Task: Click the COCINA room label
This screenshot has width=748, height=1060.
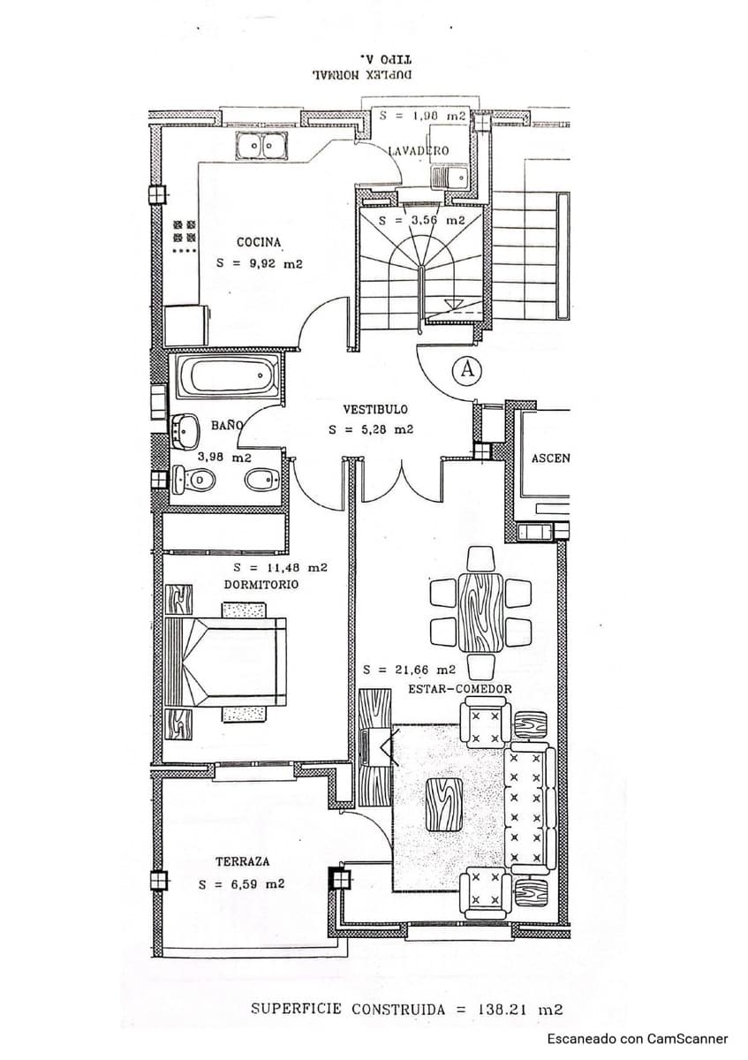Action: click(x=259, y=242)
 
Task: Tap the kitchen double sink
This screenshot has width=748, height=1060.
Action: click(x=262, y=147)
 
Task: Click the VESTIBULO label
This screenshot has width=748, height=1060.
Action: click(x=375, y=410)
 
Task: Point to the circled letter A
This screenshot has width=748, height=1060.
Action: click(x=467, y=370)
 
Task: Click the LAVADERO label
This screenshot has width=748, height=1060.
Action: click(x=419, y=151)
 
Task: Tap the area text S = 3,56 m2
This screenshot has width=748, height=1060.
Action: click(x=421, y=221)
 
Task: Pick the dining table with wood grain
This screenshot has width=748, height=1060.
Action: click(x=481, y=612)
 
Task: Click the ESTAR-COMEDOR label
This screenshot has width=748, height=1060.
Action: click(x=459, y=689)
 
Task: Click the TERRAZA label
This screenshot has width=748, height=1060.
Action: click(x=242, y=861)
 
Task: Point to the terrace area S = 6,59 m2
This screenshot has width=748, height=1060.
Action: click(x=241, y=884)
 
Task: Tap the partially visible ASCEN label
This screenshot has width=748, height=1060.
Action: click(x=549, y=458)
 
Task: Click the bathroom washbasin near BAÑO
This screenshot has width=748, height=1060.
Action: click(x=186, y=428)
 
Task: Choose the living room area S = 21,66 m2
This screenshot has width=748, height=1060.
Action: click(x=409, y=670)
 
